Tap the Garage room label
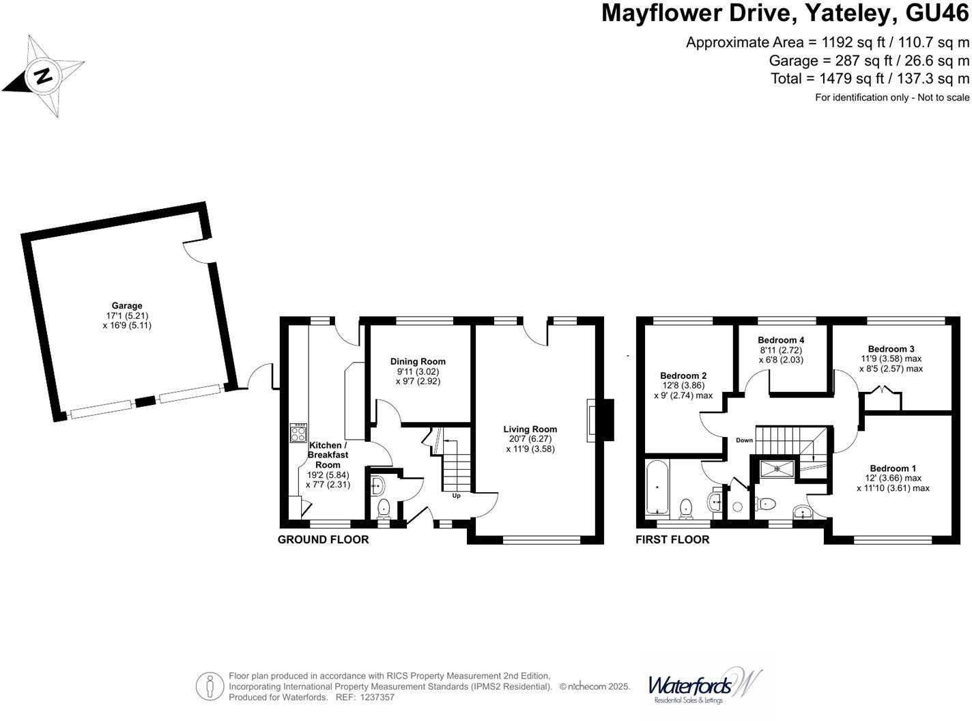tap(127, 306)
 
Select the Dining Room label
tap(418, 362)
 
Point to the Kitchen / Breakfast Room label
tap(328, 455)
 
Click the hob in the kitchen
tap(298, 433)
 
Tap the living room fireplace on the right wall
tap(599, 421)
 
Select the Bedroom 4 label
tap(781, 340)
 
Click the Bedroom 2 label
tap(683, 376)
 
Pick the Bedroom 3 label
tap(891, 349)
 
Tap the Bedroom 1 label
tap(893, 468)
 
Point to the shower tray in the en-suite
tap(778, 468)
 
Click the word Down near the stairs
tap(744, 440)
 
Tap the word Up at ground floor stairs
tap(456, 496)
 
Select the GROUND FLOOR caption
tap(323, 540)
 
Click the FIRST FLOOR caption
tap(672, 540)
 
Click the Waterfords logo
tap(703, 685)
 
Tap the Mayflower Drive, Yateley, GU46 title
tap(785, 14)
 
